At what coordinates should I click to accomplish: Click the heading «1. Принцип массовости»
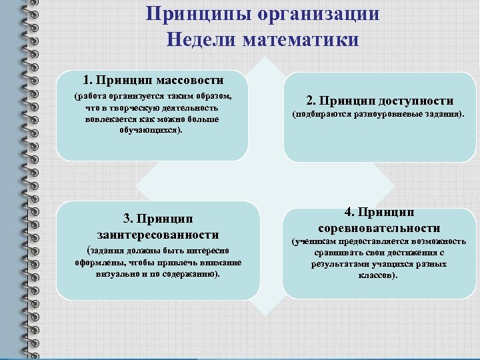[x=153, y=80]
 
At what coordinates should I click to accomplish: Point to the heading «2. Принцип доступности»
[x=379, y=101]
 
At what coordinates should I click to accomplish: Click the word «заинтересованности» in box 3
[x=157, y=235]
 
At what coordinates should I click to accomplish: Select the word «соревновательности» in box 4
[x=379, y=228]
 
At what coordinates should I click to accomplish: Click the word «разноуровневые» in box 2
[x=371, y=115]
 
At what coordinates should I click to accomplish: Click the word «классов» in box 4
[x=376, y=275]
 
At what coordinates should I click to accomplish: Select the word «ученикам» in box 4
[x=315, y=241]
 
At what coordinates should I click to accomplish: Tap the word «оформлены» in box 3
[x=99, y=262]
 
